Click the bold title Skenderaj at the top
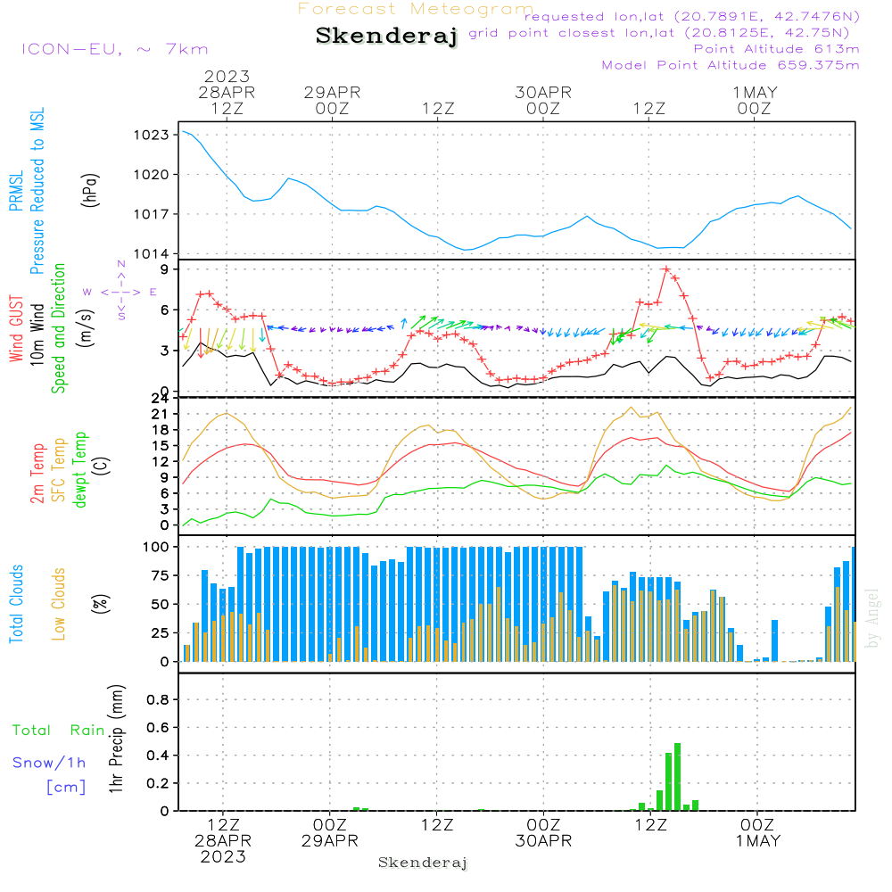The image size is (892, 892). [x=386, y=36]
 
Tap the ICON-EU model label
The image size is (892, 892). [x=114, y=49]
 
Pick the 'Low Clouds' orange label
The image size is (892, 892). [x=59, y=604]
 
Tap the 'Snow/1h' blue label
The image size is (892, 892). [x=49, y=763]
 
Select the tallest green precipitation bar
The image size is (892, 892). [x=678, y=776]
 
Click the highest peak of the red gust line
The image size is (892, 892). [x=666, y=269]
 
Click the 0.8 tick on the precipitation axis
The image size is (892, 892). [x=157, y=699]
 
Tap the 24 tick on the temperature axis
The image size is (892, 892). [x=161, y=398]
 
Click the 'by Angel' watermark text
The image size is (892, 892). [x=872, y=619]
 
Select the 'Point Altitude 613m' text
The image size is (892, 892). [x=776, y=49]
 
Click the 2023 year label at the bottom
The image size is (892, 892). [x=223, y=857]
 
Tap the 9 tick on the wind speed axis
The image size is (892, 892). [x=165, y=268]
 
